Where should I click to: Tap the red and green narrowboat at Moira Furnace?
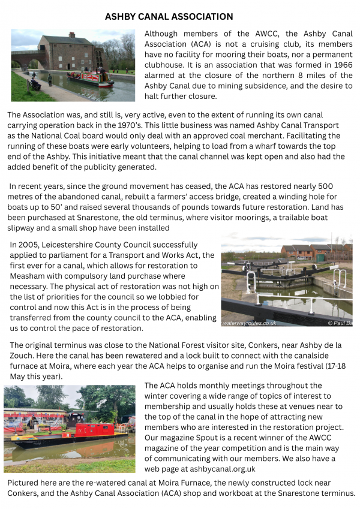pyautogui.click(x=91, y=77)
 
